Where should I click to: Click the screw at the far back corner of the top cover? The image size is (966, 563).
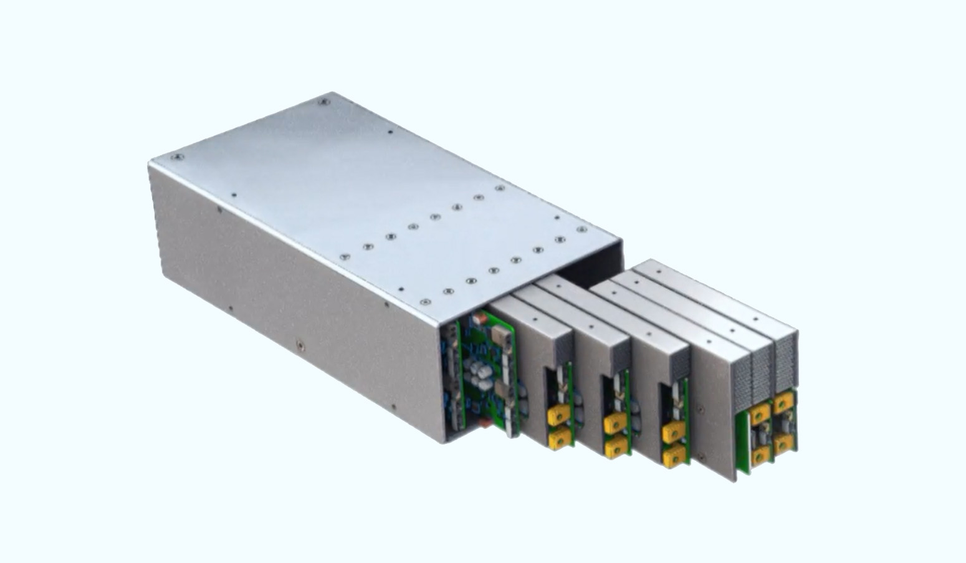pyautogui.click(x=323, y=102)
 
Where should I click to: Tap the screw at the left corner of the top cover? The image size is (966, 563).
pyautogui.click(x=176, y=157)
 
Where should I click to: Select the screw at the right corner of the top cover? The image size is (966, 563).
pyautogui.click(x=581, y=229)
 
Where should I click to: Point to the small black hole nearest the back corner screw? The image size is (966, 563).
pyautogui.click(x=390, y=132)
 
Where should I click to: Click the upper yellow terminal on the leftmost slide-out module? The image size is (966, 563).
pyautogui.click(x=559, y=413)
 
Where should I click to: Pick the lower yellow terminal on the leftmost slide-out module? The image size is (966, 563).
pyautogui.click(x=559, y=439)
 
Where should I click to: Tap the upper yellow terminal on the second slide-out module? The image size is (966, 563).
pyautogui.click(x=615, y=423)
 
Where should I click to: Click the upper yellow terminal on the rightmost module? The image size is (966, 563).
pyautogui.click(x=783, y=402)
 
